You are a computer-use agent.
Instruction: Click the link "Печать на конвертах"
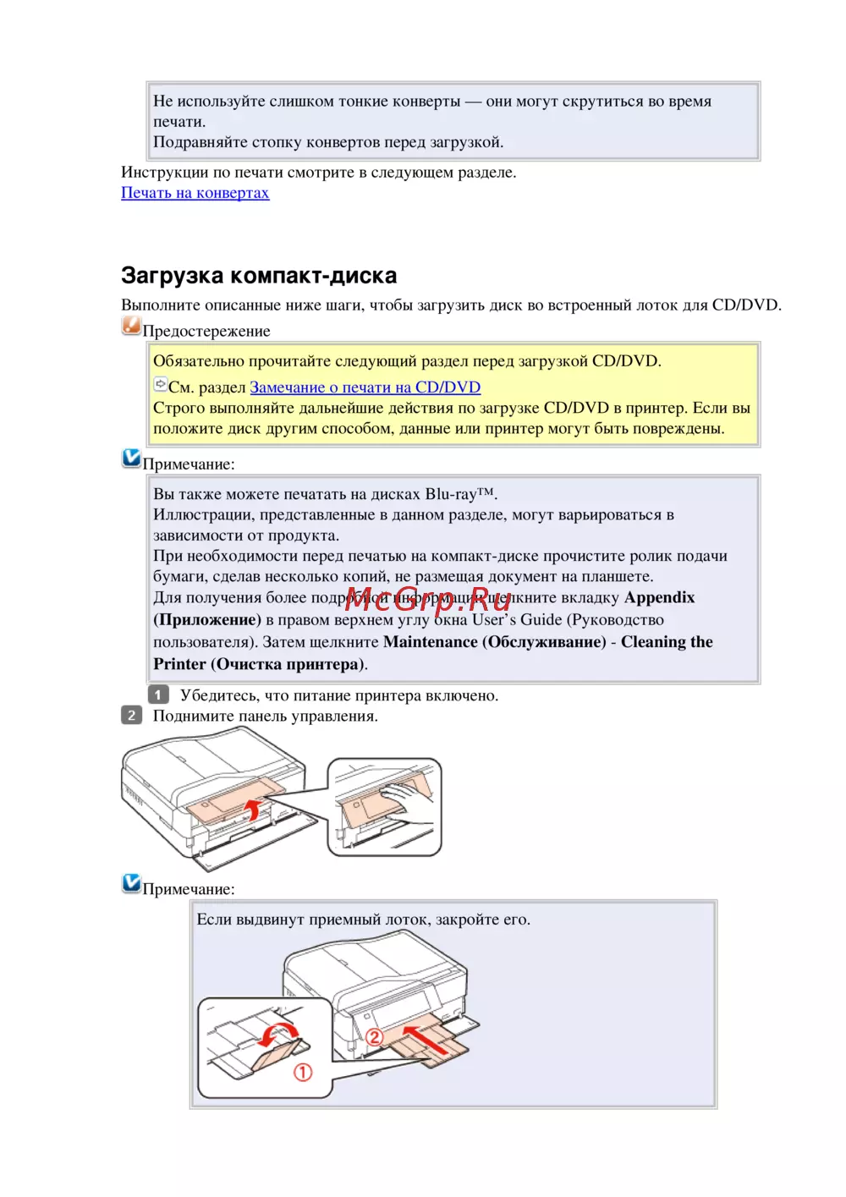pos(195,193)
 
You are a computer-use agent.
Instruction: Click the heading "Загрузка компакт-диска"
pos(259,276)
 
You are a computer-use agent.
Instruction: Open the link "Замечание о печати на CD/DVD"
pos(365,387)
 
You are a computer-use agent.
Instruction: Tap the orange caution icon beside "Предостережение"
pos(131,326)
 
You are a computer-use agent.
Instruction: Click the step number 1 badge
pos(158,695)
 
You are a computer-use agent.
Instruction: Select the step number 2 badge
pos(131,716)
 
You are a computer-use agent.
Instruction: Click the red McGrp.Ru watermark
pos(427,599)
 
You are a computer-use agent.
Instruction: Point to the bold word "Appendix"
pos(659,597)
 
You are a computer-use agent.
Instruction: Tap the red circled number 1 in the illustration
pos(303,1072)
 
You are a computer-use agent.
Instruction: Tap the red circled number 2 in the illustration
pos(374,1036)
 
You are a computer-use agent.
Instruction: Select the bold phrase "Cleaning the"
pos(667,642)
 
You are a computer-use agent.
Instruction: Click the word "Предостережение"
pos(206,332)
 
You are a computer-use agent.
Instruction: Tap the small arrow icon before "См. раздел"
pos(160,385)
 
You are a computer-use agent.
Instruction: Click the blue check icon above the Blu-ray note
pos(131,458)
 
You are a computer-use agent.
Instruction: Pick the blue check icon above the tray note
pos(131,883)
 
